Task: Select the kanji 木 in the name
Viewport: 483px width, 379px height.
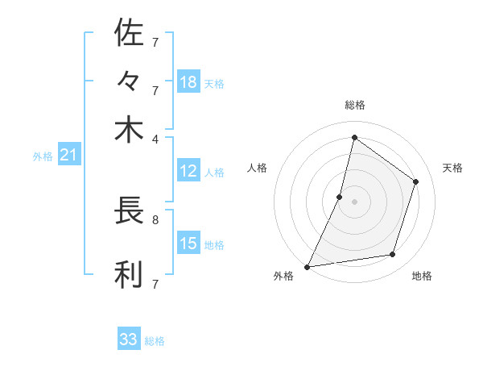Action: [129, 130]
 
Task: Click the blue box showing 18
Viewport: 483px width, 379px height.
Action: [188, 82]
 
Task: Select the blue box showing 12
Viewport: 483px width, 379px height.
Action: [188, 171]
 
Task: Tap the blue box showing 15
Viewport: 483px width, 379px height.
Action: [188, 244]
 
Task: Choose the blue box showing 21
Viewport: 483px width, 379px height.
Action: [68, 155]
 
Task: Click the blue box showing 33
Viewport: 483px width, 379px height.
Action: [129, 339]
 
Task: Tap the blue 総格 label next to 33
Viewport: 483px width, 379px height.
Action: [155, 341]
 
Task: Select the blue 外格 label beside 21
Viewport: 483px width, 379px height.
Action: [42, 156]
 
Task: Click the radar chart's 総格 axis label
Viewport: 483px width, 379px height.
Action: [354, 105]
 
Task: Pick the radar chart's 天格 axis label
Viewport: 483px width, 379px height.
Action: [452, 168]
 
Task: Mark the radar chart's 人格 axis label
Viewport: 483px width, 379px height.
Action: [257, 168]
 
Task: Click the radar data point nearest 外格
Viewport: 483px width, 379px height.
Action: [307, 266]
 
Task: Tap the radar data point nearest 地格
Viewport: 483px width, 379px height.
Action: [393, 255]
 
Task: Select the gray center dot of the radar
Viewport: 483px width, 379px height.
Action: [354, 201]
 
